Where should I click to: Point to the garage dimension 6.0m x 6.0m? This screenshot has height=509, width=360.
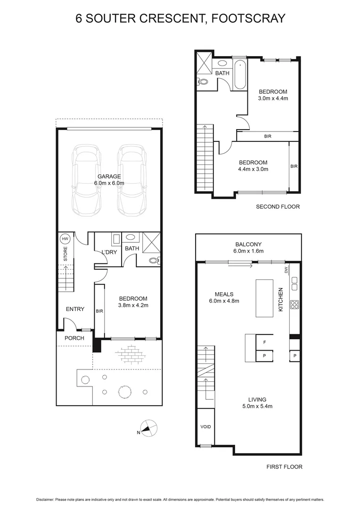[109, 183]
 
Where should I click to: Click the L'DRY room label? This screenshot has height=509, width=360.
[109, 253]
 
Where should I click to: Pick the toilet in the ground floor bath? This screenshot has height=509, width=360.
[154, 260]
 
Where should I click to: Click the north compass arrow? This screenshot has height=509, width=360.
[150, 428]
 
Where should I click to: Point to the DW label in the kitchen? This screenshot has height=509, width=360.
[286, 270]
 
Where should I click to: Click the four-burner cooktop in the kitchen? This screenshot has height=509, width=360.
[295, 304]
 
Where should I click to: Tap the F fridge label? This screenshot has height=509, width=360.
[264, 342]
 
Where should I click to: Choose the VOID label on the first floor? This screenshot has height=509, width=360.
[206, 427]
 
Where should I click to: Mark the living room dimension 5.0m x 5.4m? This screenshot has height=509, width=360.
[254, 406]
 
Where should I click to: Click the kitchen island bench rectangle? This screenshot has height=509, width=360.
[264, 298]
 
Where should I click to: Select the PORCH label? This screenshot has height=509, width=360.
[74, 338]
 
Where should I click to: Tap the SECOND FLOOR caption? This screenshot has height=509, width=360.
[278, 206]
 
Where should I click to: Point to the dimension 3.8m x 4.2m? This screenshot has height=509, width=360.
[133, 305]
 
